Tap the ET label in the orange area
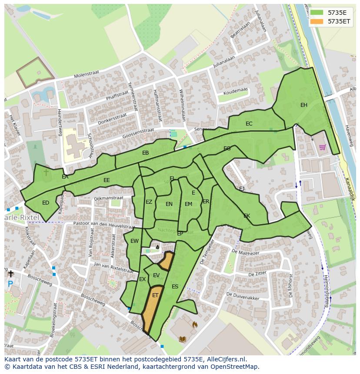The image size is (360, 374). point(155,295)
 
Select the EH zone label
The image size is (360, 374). point(304,105)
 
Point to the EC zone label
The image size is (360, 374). point(249,124)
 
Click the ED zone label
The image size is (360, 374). point(46,203)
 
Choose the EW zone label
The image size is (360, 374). point(134,241)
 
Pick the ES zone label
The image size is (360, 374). point(175,287)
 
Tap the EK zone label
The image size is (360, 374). point(247,216)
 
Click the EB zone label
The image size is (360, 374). point(145,153)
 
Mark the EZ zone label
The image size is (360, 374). point(149,202)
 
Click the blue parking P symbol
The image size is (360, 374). point(10,285)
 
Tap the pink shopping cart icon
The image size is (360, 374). point(322,147)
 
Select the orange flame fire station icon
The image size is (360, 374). point(194,324)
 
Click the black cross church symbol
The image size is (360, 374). point(10,274)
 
